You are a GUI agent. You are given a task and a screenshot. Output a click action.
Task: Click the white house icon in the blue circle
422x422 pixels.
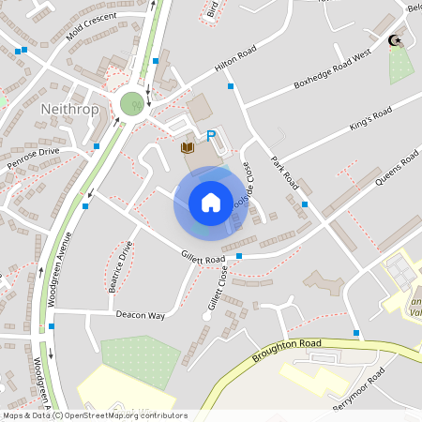tap(211, 202)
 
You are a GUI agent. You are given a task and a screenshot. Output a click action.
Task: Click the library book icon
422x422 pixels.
tap(187, 148)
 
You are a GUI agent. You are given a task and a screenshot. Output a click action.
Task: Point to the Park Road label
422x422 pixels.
tap(284, 171)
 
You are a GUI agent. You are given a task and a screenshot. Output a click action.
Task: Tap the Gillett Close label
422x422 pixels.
tap(218, 289)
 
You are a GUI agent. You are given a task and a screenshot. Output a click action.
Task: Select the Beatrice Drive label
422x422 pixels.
tap(123, 266)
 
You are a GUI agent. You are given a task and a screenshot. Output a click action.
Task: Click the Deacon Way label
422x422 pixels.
tap(140, 315)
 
